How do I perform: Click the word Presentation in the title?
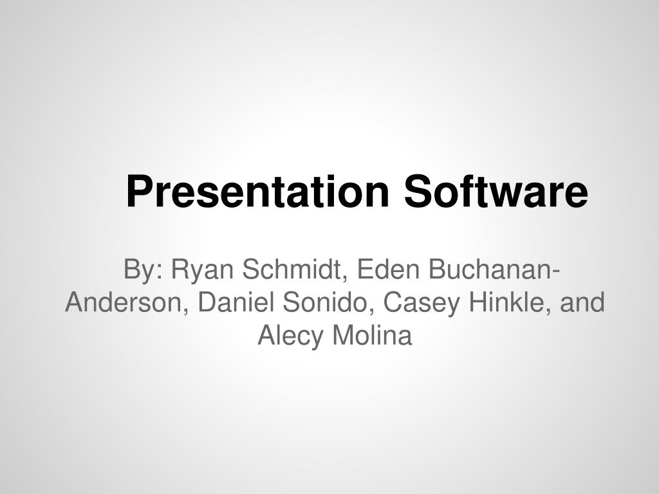[259, 192]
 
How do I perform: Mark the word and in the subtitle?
[582, 302]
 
